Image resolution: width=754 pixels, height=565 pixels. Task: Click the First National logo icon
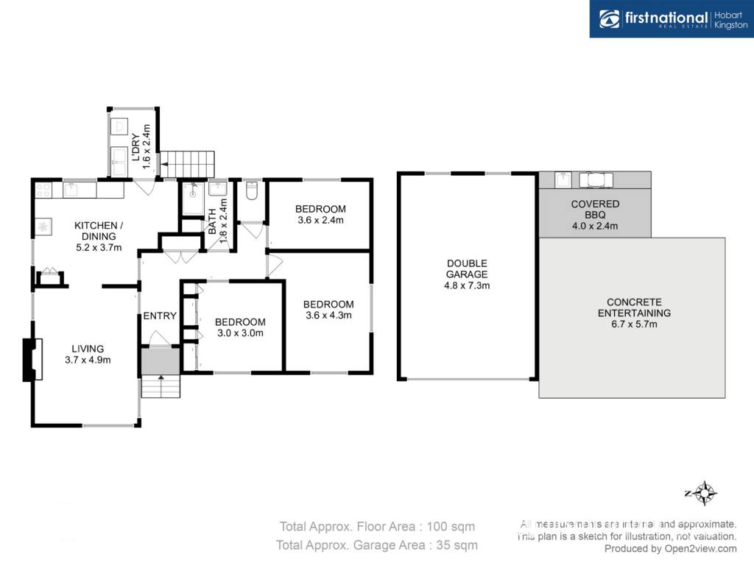pyautogui.click(x=609, y=19)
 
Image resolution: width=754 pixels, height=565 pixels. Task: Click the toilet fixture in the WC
pyautogui.click(x=252, y=191)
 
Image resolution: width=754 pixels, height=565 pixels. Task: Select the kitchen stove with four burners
pyautogui.click(x=43, y=189)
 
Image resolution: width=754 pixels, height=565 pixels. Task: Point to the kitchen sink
pyautogui.click(x=74, y=189)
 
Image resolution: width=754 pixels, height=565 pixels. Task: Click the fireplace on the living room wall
pyautogui.click(x=32, y=360)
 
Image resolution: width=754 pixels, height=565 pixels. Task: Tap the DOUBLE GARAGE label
pyautogui.click(x=466, y=269)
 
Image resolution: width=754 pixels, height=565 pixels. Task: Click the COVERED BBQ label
pyautogui.click(x=595, y=210)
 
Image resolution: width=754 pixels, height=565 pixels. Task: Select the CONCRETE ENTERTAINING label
pyautogui.click(x=634, y=308)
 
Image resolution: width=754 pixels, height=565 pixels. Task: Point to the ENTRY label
pyautogui.click(x=160, y=316)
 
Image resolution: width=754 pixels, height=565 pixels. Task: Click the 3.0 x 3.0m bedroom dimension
pyautogui.click(x=240, y=333)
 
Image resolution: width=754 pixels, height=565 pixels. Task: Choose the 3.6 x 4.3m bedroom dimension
pyautogui.click(x=328, y=315)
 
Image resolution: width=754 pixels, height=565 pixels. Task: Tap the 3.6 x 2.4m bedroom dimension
pyautogui.click(x=320, y=220)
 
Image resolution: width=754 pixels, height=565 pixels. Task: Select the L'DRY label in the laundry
pyautogui.click(x=136, y=147)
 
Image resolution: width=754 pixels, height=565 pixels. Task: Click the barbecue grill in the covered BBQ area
pyautogui.click(x=596, y=180)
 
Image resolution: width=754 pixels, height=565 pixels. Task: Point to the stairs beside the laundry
pyautogui.click(x=187, y=164)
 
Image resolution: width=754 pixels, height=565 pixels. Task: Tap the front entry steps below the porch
pyautogui.click(x=161, y=385)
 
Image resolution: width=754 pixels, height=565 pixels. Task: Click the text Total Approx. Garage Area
pyautogui.click(x=350, y=545)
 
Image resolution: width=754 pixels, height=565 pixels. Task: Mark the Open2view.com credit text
pyautogui.click(x=701, y=549)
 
